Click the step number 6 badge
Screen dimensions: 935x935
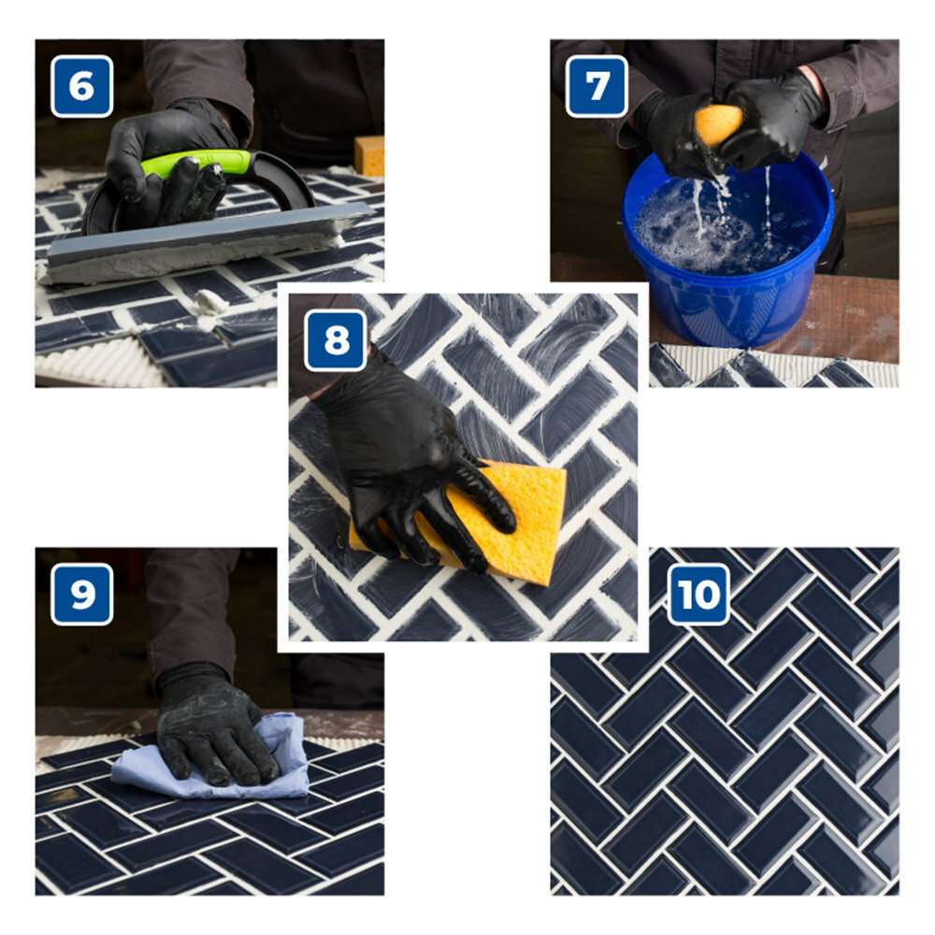[x=81, y=86]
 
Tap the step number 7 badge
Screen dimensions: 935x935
[x=597, y=86]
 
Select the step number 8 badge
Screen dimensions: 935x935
[x=336, y=340]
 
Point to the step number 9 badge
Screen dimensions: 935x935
[x=81, y=594]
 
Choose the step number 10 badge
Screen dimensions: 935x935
[x=698, y=594]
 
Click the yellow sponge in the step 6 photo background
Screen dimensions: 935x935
[x=369, y=155]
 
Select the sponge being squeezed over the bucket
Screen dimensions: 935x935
[x=717, y=124]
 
